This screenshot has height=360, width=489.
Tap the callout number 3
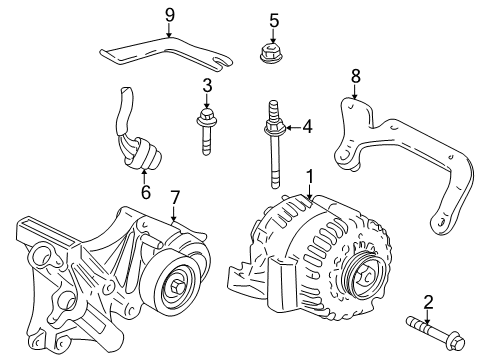[x=208, y=86]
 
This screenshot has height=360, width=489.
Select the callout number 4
[x=307, y=127]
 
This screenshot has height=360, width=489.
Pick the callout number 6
[x=146, y=191]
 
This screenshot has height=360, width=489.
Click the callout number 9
[x=169, y=15]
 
